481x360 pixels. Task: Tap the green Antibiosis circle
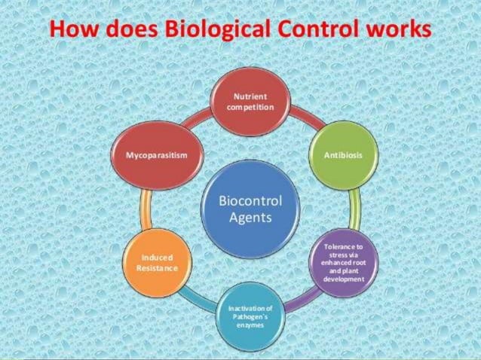tap(343, 155)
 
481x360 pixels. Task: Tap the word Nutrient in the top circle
tap(250, 98)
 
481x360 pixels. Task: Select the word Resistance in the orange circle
tap(157, 268)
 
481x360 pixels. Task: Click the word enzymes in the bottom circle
tap(250, 325)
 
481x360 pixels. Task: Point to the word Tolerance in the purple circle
tap(343, 246)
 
